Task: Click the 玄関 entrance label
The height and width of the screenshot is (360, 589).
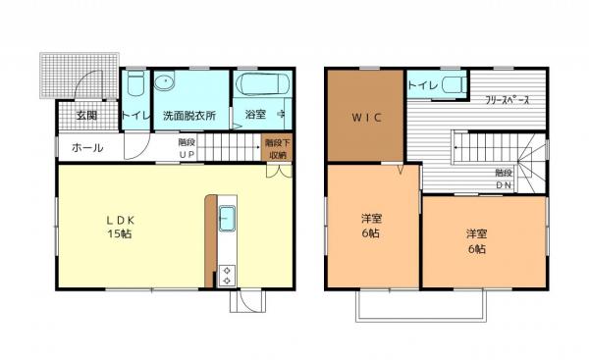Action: [x=86, y=115]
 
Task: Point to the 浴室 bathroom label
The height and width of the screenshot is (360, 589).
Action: [x=254, y=115]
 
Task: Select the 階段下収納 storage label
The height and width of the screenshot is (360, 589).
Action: [x=276, y=149]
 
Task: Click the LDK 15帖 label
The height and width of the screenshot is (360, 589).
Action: [x=127, y=227]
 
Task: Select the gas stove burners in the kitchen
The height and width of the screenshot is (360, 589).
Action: [x=227, y=274]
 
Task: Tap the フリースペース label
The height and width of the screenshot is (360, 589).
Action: [x=509, y=100]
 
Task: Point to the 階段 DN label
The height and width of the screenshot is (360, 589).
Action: [x=505, y=179]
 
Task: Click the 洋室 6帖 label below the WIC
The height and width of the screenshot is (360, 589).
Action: [x=371, y=237]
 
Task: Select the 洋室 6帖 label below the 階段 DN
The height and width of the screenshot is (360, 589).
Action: [x=477, y=240]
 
